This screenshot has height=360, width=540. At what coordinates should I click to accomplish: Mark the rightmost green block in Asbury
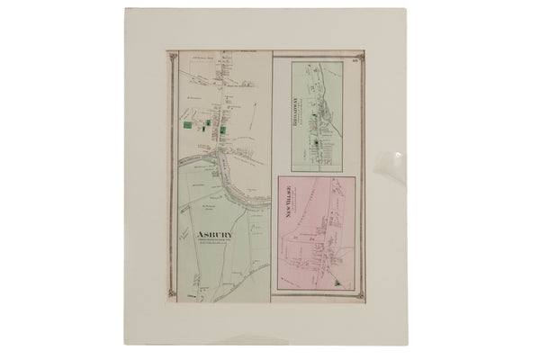point(222,131)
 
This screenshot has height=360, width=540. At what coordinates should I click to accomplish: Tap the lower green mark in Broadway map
point(315,136)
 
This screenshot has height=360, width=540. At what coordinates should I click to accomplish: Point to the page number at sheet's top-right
point(356,58)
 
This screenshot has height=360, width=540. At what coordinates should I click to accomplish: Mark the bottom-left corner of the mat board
point(124,346)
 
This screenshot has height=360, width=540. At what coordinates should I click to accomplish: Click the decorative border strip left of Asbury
point(171,180)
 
